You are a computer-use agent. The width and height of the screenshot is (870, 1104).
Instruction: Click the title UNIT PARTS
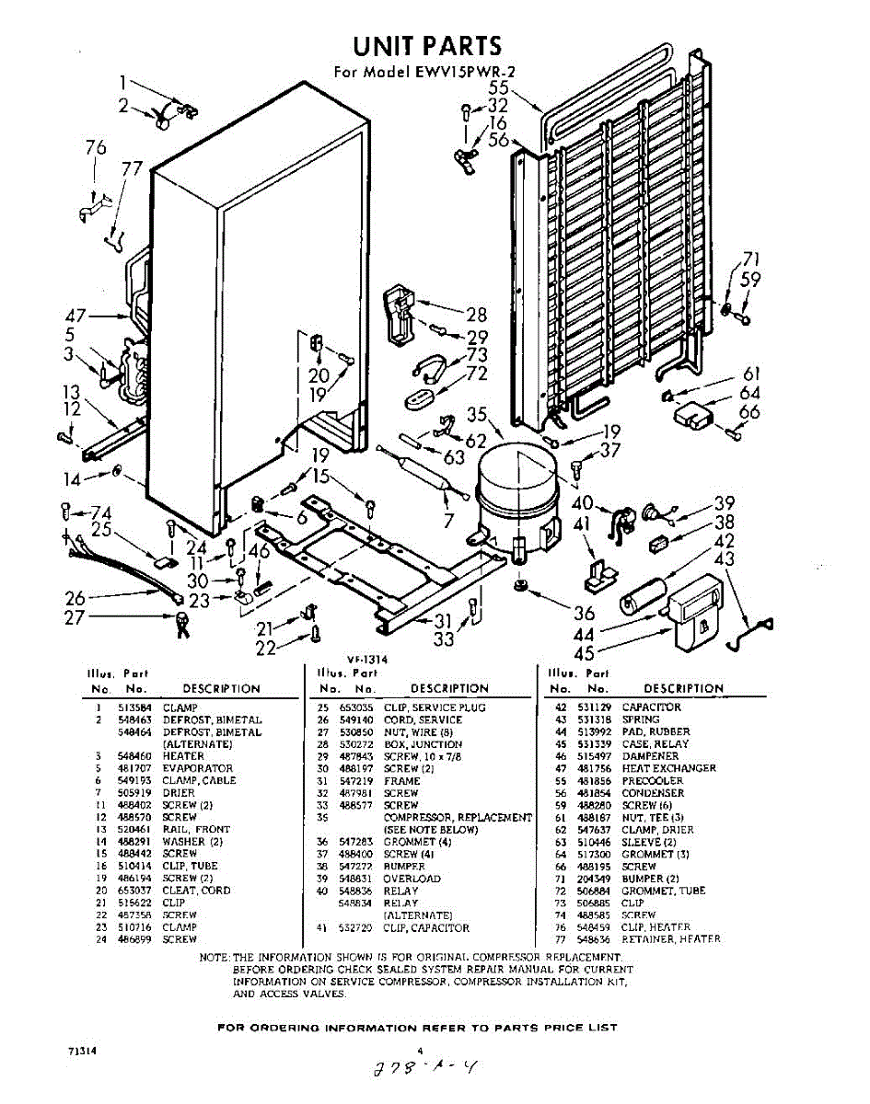pos(428,46)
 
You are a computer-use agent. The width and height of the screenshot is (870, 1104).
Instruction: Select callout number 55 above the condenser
pos(499,88)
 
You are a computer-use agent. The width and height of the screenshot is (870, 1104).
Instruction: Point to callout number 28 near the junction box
pos(476,314)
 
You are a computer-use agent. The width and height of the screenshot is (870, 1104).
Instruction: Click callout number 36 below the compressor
pos(585,614)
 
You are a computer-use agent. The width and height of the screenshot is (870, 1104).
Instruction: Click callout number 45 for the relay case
pos(583,654)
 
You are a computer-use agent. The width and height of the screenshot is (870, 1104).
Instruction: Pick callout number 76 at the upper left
pos(95,148)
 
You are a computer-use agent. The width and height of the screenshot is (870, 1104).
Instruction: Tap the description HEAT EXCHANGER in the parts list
pos(668,768)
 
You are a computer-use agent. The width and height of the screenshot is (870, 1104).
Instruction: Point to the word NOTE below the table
pos(215,958)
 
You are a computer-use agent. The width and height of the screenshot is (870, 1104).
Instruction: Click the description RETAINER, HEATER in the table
pos(671,939)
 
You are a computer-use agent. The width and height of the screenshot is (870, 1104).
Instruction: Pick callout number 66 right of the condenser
pos(749,411)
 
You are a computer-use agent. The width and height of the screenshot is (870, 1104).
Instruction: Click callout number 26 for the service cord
pos(75,599)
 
